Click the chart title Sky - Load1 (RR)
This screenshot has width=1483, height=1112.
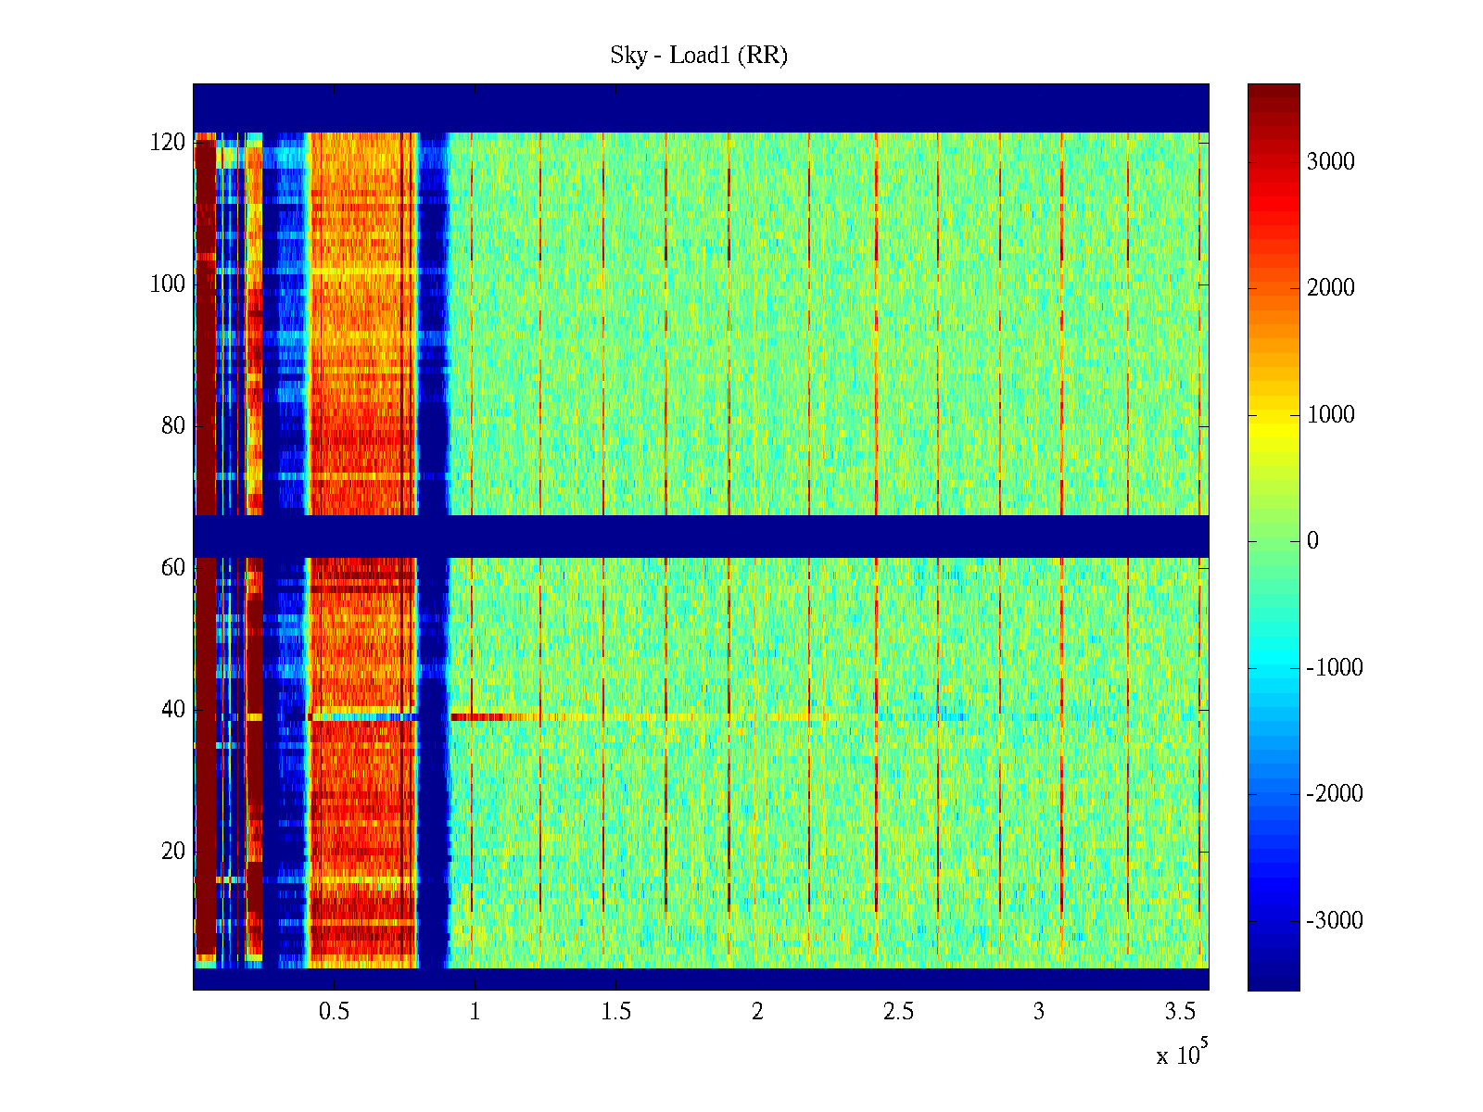click(x=698, y=56)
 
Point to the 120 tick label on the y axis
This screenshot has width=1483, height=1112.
click(x=168, y=143)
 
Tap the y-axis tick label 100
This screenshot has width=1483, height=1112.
click(x=168, y=284)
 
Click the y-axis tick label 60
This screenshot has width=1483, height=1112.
click(x=173, y=568)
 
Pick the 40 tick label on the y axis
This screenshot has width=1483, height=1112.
click(x=173, y=710)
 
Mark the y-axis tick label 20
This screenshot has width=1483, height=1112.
click(x=173, y=852)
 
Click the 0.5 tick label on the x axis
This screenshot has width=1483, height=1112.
click(x=334, y=1012)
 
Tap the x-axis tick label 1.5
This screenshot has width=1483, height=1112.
click(x=615, y=1012)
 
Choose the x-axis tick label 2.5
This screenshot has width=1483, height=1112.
click(x=898, y=1012)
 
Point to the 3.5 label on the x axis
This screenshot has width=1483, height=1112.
click(x=1180, y=1012)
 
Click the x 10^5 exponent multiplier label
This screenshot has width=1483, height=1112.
click(x=1181, y=1055)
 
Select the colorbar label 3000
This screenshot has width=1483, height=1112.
click(x=1330, y=162)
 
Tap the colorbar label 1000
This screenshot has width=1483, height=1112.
click(x=1330, y=415)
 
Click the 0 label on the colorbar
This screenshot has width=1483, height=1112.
click(x=1312, y=541)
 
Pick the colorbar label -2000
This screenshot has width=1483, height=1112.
click(x=1334, y=794)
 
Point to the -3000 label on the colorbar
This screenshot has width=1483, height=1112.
click(x=1334, y=921)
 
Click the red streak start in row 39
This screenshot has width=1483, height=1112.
click(x=454, y=716)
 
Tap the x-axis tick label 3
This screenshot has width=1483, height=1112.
click(x=1039, y=1012)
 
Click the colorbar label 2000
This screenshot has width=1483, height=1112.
click(x=1330, y=288)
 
